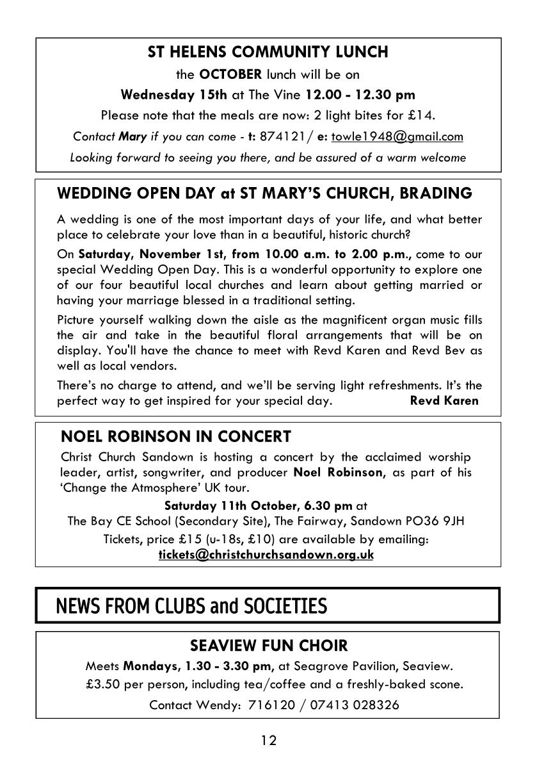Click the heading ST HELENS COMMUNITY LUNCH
268,52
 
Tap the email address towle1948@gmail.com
397,136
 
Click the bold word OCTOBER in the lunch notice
231,74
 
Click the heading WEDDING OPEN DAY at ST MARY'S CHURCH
264,193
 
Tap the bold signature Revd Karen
444,401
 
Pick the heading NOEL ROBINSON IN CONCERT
175,437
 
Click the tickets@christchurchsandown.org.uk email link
266,555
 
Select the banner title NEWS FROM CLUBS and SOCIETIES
191,605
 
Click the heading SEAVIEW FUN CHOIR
268,645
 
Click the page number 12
268,741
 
